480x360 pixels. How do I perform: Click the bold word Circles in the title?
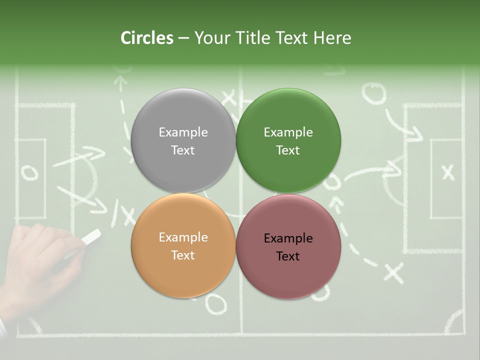146,38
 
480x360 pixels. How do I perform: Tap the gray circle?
183,140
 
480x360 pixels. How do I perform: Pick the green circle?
288,140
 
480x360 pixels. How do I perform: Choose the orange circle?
183,245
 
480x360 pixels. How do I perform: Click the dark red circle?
288,246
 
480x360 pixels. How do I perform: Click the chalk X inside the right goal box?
448,172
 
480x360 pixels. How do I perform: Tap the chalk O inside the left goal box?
29,172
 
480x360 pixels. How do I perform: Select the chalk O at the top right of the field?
374,93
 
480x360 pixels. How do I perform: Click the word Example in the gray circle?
183,132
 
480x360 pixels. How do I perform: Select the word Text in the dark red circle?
288,256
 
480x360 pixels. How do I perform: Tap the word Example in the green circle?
288,132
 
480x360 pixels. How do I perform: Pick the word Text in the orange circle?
183,255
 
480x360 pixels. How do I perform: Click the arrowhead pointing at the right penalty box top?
414,133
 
